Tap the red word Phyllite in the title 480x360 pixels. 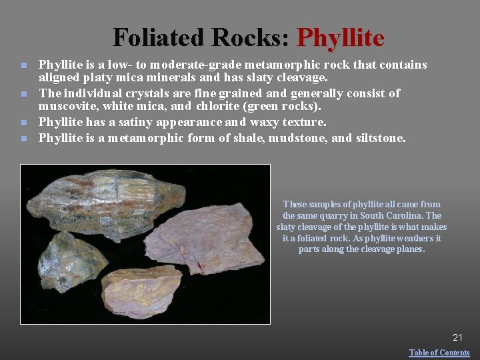(x=341, y=37)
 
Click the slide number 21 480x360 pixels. (x=457, y=338)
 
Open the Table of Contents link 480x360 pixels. (x=439, y=353)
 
